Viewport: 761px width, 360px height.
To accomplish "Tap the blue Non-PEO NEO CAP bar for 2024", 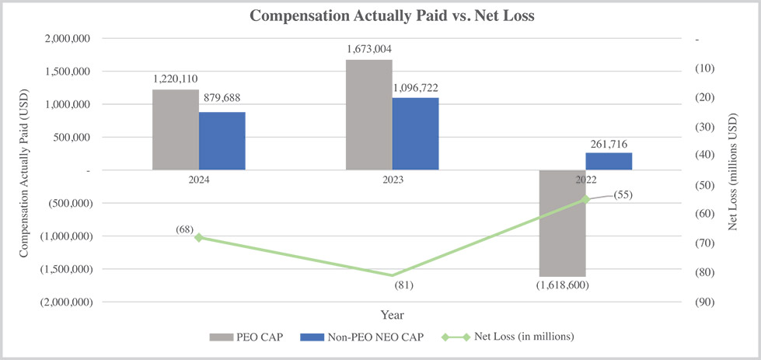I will tap(222, 141).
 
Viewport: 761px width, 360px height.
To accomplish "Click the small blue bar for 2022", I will tap(609, 161).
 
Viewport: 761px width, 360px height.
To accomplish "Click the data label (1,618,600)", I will tap(562, 285).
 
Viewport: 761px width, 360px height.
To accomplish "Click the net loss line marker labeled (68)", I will tap(199, 237).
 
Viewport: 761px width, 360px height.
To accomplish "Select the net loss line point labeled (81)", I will tap(393, 275).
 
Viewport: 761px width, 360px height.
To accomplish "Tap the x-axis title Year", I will tap(392, 316).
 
